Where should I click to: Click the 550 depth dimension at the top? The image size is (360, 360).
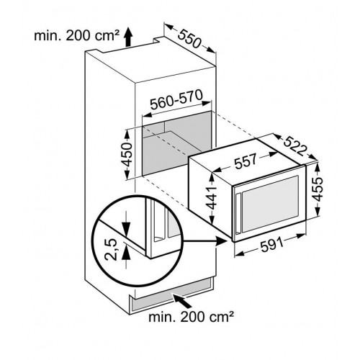[189, 38]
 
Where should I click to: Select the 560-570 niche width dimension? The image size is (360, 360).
[176, 99]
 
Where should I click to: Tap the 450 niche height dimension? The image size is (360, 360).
[127, 155]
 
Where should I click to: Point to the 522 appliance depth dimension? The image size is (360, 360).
[295, 146]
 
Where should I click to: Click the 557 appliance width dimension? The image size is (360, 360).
[246, 161]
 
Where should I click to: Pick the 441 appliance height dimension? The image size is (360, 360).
[212, 198]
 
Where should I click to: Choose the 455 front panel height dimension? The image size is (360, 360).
[318, 189]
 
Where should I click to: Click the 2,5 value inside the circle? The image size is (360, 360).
[111, 250]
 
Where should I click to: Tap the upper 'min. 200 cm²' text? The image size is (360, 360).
[77, 36]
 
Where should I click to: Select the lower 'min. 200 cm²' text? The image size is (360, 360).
[191, 317]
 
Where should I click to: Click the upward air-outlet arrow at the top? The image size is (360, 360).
[129, 37]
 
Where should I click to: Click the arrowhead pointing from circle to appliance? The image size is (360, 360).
[222, 241]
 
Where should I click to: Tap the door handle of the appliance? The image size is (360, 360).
[238, 214]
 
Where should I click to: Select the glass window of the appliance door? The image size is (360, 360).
[271, 204]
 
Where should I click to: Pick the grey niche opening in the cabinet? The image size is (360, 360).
[177, 143]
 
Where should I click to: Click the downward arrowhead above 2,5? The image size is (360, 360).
[126, 228]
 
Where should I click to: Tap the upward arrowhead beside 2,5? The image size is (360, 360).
[126, 253]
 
